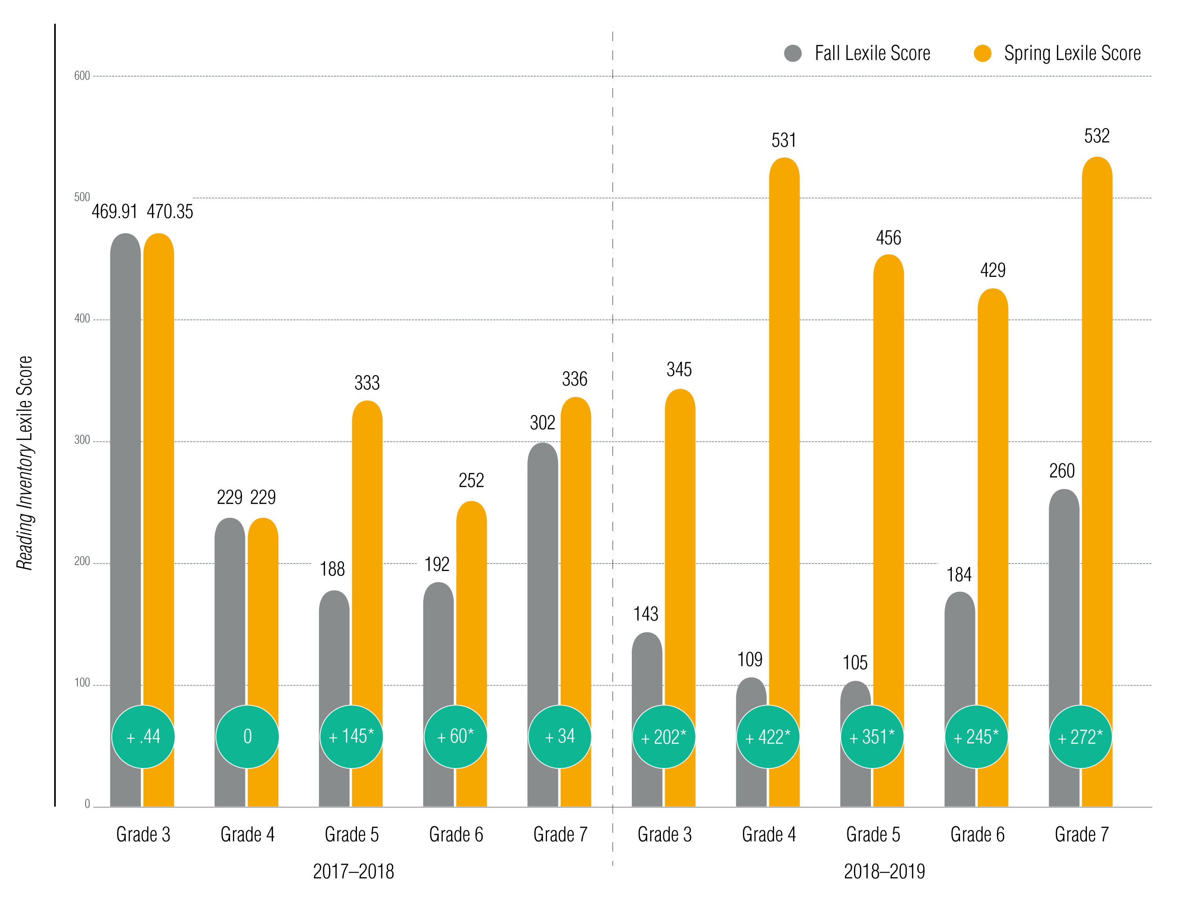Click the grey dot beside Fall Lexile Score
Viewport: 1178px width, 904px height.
click(792, 53)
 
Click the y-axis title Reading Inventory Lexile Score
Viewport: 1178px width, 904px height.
click(25, 463)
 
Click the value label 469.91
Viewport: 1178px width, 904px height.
click(114, 212)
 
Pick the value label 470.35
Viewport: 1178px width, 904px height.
click(170, 212)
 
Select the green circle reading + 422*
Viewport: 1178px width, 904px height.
click(768, 737)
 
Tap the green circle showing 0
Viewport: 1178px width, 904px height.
click(247, 737)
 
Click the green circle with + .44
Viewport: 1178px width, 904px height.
click(143, 737)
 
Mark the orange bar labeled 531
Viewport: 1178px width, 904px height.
click(784, 430)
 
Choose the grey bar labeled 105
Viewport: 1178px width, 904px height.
click(855, 694)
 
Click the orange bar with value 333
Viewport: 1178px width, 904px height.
click(368, 538)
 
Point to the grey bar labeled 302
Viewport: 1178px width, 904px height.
click(542, 565)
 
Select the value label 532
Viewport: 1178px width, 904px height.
click(1097, 135)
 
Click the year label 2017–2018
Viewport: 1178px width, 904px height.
click(353, 871)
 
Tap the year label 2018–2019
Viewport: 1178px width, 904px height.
click(884, 871)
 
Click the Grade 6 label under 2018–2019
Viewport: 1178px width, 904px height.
click(977, 834)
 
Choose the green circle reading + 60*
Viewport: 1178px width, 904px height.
click(455, 737)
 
